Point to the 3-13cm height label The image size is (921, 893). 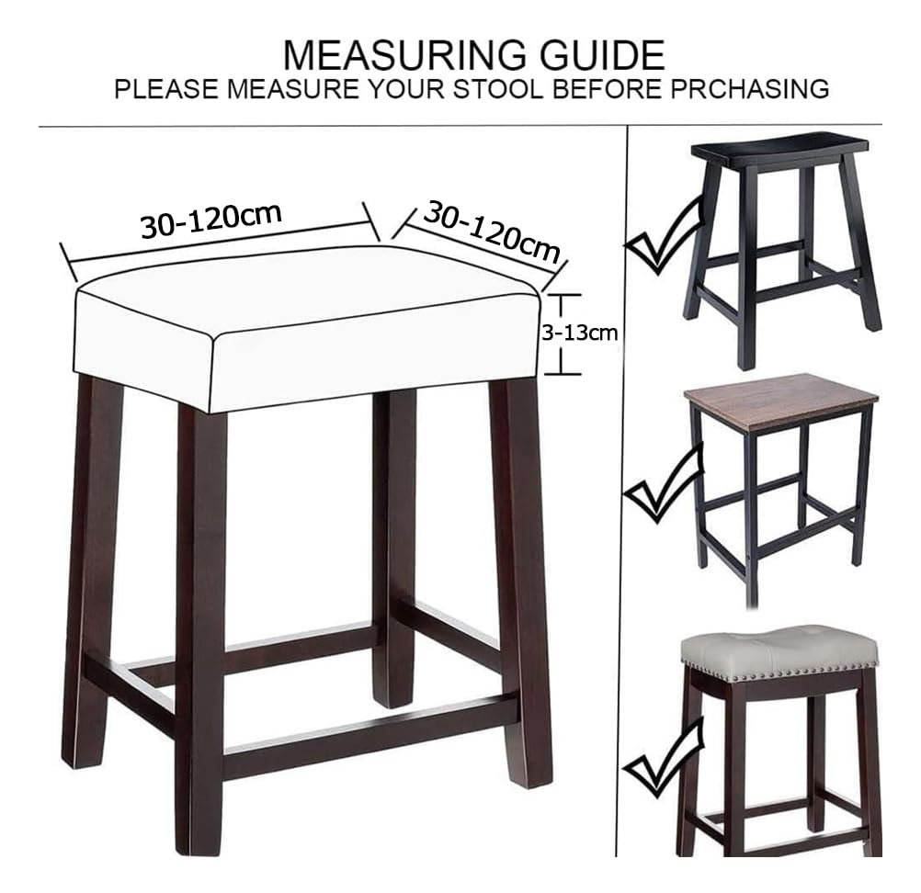tap(579, 333)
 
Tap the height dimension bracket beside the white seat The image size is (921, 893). tap(563, 333)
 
